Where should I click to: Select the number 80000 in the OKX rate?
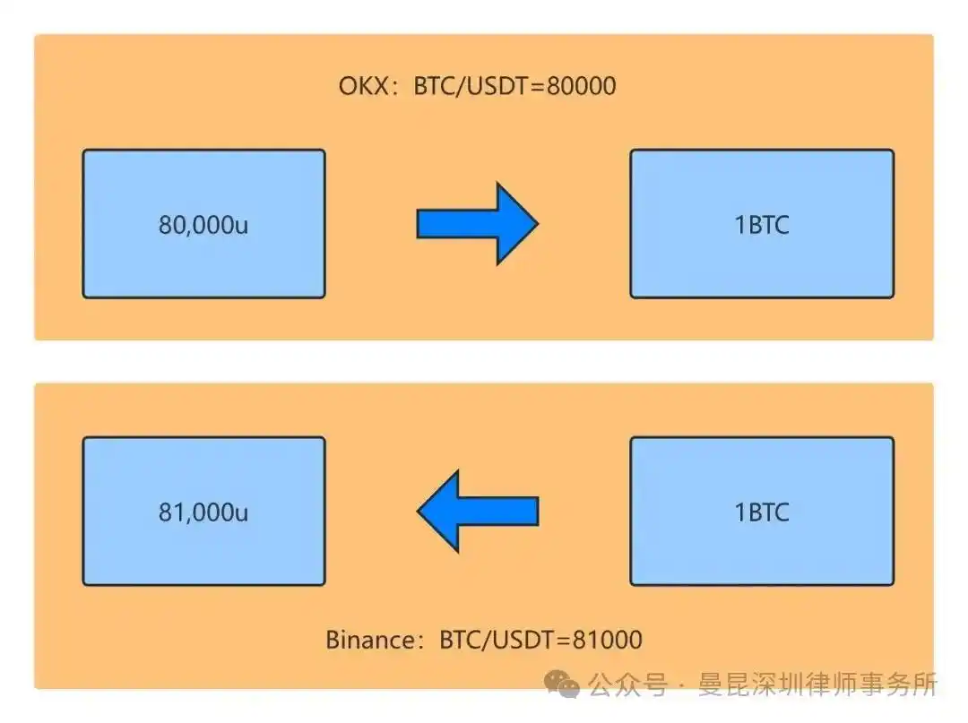click(582, 86)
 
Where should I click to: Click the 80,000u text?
click(203, 225)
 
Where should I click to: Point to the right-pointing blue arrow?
click(477, 223)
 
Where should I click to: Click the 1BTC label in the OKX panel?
click(762, 225)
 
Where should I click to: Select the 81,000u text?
click(203, 512)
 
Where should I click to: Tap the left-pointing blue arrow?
click(478, 511)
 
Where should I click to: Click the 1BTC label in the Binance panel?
click(762, 512)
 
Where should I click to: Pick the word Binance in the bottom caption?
click(371, 640)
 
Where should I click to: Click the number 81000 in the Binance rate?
click(608, 640)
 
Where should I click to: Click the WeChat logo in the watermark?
click(561, 684)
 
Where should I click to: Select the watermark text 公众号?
click(627, 684)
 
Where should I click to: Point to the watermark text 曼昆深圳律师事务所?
click(818, 684)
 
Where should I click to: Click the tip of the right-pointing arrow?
click(539, 223)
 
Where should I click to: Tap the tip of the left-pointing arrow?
click(418, 511)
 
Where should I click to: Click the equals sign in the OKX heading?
click(538, 86)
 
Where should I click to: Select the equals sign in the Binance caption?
click(564, 641)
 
